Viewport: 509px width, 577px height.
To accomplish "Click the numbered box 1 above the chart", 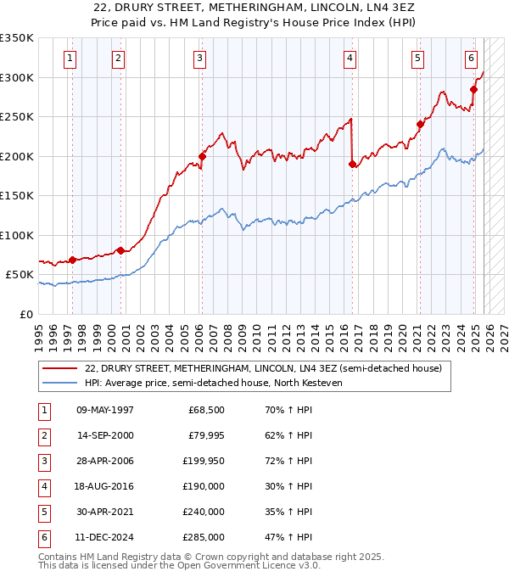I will pos(69,59).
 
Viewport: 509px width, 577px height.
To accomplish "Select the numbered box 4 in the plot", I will pos(350,59).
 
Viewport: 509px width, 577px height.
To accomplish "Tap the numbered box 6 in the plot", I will pos(471,59).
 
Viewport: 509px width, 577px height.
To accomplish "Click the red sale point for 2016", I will pos(352,165).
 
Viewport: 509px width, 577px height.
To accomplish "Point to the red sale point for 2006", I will pos(203,156).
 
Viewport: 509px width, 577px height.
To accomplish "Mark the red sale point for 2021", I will pos(420,125).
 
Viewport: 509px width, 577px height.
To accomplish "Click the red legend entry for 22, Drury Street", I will pos(263,368).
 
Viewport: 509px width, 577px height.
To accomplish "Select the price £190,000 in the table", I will pos(204,486).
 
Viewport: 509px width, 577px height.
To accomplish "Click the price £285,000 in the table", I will pos(204,537).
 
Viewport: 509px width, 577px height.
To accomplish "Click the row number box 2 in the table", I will pos(43,435).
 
